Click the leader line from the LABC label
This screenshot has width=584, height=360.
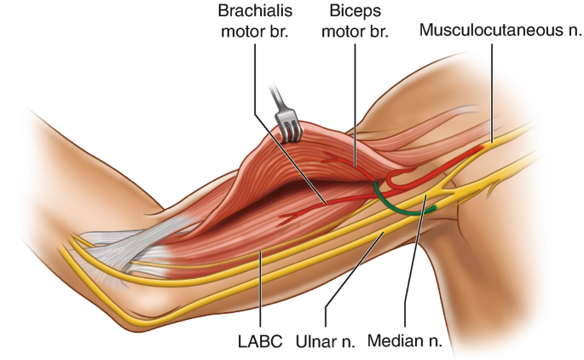pyautogui.click(x=259, y=290)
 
